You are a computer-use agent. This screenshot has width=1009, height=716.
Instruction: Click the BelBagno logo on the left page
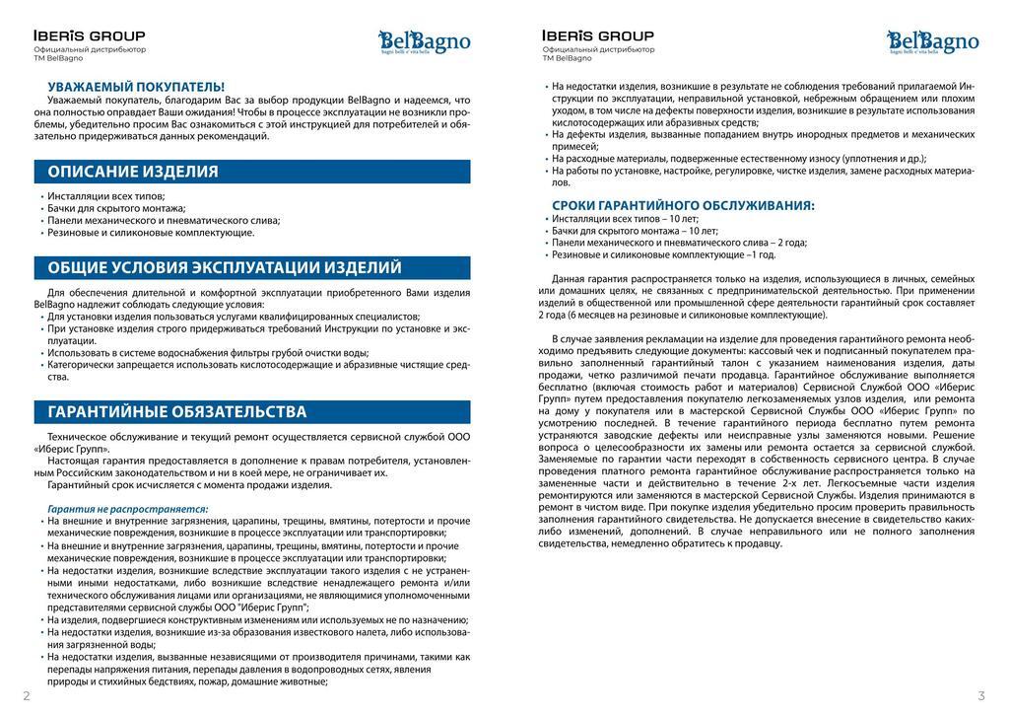pos(425,42)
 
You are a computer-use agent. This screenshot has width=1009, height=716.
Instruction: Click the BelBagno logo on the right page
pos(932,42)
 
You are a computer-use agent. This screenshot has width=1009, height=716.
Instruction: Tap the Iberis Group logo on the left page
pos(89,36)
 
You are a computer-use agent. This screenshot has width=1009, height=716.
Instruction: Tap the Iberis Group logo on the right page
pos(597,36)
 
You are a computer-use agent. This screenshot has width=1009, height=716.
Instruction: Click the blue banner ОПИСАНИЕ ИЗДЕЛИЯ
pos(252,172)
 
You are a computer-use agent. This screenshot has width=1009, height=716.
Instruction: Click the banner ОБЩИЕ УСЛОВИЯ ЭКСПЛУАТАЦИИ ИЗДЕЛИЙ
pos(252,267)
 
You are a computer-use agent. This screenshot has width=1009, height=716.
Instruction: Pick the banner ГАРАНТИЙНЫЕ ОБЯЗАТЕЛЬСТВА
pos(252,411)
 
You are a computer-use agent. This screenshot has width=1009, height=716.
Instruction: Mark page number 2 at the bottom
pos(27,696)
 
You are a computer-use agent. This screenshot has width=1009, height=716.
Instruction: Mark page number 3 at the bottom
pos(981,696)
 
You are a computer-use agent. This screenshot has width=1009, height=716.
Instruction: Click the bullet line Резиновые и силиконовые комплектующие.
pos(151,233)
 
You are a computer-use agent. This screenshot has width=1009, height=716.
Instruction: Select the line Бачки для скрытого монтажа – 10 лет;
pos(635,231)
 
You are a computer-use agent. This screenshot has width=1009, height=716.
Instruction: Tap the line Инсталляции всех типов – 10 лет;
pos(625,218)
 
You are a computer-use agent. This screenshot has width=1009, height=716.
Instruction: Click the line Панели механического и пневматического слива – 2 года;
pos(679,243)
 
